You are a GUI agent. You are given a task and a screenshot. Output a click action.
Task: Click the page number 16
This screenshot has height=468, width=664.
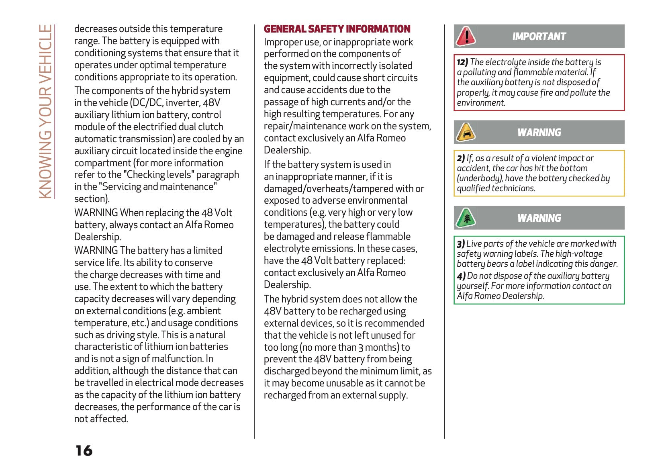84,450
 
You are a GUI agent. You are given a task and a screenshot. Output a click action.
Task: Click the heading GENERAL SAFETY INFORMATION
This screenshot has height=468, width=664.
337,29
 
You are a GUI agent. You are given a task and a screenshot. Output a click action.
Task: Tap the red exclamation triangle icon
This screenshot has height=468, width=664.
466,36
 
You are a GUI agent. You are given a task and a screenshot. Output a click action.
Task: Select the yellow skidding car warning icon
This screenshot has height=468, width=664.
466,132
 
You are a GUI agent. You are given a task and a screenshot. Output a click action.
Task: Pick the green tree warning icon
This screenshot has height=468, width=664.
466,218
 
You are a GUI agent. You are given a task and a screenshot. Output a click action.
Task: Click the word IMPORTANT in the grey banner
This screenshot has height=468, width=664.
539,37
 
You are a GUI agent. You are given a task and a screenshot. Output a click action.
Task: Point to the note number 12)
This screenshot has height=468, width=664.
462,62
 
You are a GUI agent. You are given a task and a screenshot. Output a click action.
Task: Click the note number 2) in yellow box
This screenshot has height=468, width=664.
461,158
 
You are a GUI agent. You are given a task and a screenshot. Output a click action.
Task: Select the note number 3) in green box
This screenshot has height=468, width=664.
461,244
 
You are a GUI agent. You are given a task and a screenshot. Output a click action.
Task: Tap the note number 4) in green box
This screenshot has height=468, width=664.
461,276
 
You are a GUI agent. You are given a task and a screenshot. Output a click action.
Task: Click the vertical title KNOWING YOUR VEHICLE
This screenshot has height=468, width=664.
45,111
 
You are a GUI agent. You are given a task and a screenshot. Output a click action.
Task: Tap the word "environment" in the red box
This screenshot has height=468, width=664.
480,103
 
